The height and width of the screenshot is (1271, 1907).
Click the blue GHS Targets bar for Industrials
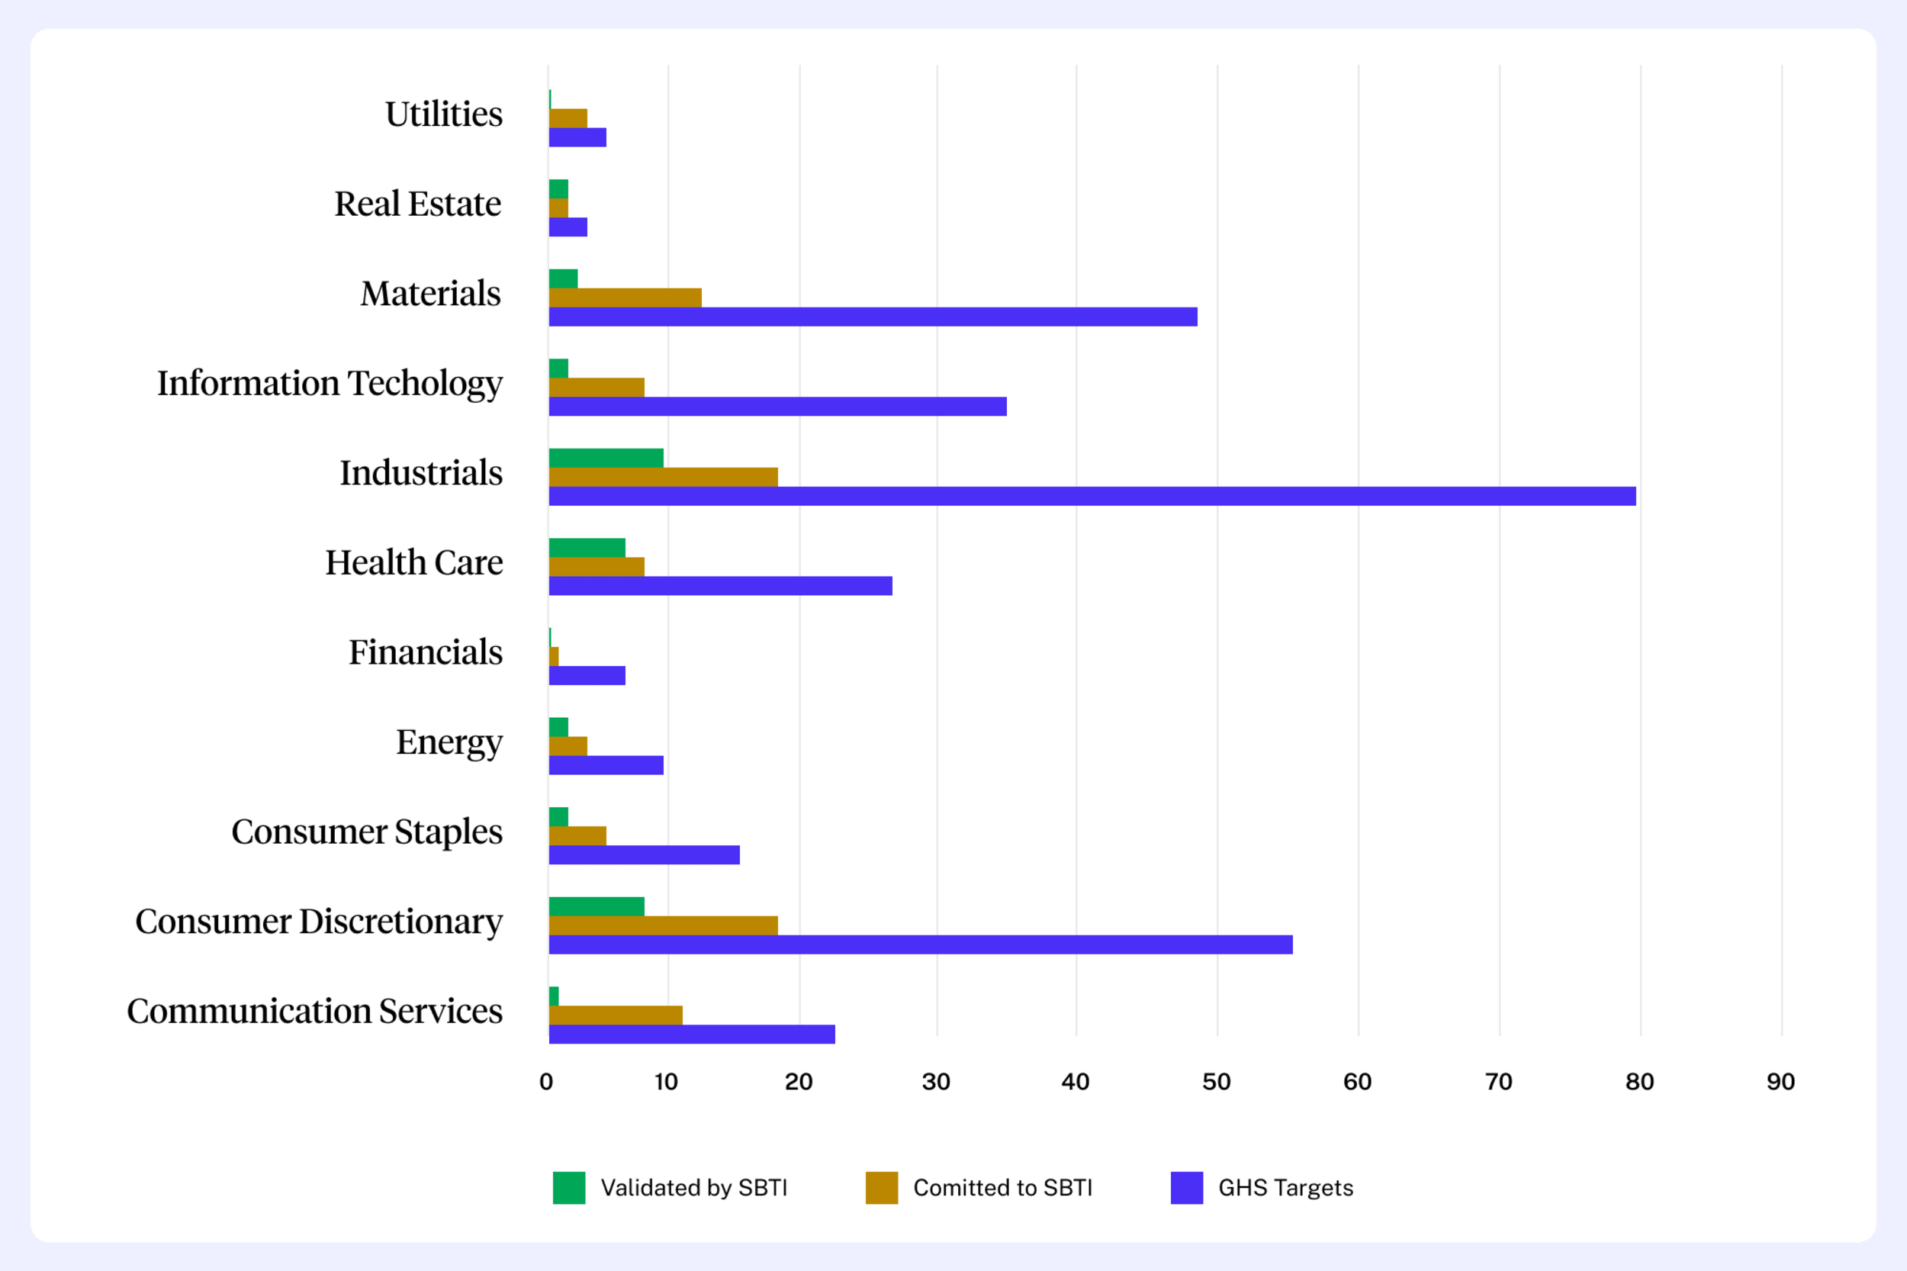coord(1092,496)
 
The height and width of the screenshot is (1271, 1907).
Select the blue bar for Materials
coord(873,317)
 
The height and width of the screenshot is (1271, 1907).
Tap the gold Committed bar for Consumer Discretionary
coord(663,925)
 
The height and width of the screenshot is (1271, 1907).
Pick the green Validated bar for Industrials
coord(606,458)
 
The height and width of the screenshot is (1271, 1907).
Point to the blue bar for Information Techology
coord(777,406)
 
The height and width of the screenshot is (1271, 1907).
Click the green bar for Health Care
coord(587,548)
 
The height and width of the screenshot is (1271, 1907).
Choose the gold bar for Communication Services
coord(615,1015)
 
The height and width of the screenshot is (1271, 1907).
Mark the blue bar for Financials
coord(587,675)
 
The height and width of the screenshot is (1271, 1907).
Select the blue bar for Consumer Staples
coord(645,855)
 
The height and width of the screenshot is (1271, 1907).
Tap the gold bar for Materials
coord(625,298)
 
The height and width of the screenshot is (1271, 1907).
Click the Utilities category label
coord(443,114)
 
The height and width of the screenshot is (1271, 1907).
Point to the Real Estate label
coord(417,204)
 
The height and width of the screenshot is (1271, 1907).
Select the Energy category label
coord(449,742)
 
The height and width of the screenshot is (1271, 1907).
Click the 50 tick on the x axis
coord(1217,1082)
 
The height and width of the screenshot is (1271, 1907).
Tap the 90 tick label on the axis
coord(1780,1082)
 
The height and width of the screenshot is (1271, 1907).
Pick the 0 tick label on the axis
coord(546,1082)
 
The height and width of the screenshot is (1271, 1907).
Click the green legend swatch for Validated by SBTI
coord(569,1188)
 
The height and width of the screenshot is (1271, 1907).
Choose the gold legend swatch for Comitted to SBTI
coord(882,1188)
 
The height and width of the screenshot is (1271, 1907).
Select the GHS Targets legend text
coord(1285,1188)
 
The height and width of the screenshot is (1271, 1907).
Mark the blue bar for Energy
coord(606,765)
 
